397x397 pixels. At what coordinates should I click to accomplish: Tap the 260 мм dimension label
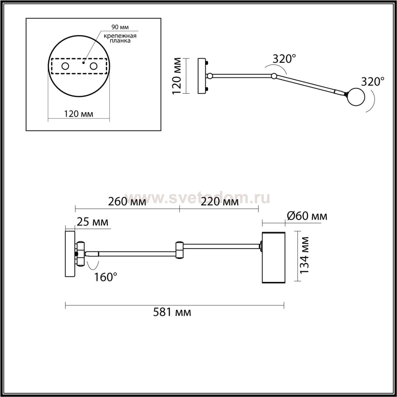coord(127,202)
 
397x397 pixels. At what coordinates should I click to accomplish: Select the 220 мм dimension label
coord(220,202)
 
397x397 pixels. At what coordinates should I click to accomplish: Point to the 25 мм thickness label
coord(92,222)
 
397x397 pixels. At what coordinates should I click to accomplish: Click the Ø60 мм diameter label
coord(307,216)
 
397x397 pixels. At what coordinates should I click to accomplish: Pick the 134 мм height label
coord(304,255)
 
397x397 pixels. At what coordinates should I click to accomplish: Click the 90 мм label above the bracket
coord(120,27)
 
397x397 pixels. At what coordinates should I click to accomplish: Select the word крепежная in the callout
coord(120,36)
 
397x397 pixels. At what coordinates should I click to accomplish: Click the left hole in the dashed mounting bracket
coord(65,66)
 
